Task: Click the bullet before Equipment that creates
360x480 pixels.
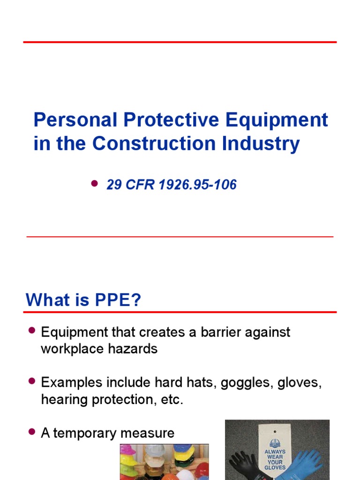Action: [32, 331]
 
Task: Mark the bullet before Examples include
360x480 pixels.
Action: [32, 381]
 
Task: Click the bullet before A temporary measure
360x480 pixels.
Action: [32, 432]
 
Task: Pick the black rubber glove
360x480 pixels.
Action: [244, 464]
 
